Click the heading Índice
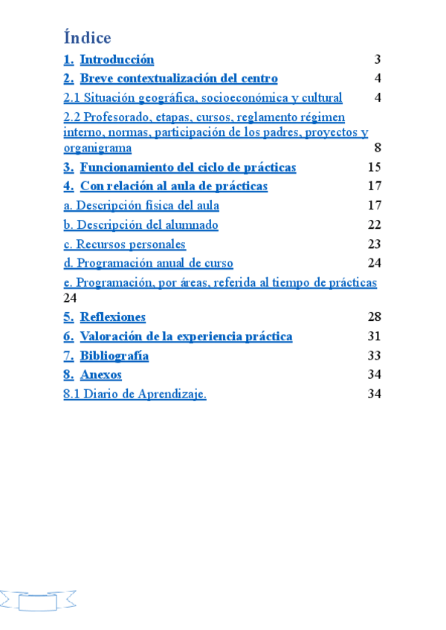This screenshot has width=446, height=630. (87, 37)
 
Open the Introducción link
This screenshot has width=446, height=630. (117, 60)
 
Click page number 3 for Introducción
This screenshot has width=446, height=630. (378, 60)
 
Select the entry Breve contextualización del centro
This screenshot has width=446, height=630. (178, 79)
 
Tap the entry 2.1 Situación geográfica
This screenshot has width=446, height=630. (202, 97)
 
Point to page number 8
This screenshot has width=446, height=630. (378, 147)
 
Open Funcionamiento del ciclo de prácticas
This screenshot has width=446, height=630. (188, 167)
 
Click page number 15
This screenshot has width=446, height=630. (375, 167)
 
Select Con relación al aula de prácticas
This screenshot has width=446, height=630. (173, 186)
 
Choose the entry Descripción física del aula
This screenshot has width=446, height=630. (141, 206)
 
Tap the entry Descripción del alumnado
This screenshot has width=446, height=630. (141, 225)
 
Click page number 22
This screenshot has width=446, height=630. (375, 225)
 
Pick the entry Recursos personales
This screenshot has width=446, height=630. (125, 244)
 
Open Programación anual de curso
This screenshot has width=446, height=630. (148, 263)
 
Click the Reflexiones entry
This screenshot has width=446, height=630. (112, 317)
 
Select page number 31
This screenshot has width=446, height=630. (375, 337)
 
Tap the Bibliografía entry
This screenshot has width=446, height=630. (114, 356)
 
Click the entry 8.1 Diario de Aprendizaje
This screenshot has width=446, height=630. (135, 394)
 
